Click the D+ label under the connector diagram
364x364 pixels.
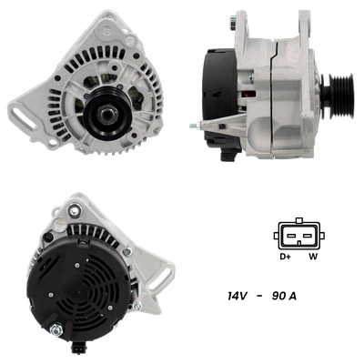(x=285, y=257)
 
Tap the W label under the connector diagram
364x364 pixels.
(x=313, y=257)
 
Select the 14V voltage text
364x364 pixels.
(x=238, y=296)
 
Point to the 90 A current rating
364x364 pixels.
(x=284, y=296)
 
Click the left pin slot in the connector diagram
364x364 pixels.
(x=291, y=236)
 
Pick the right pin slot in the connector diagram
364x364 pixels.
(x=308, y=236)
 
